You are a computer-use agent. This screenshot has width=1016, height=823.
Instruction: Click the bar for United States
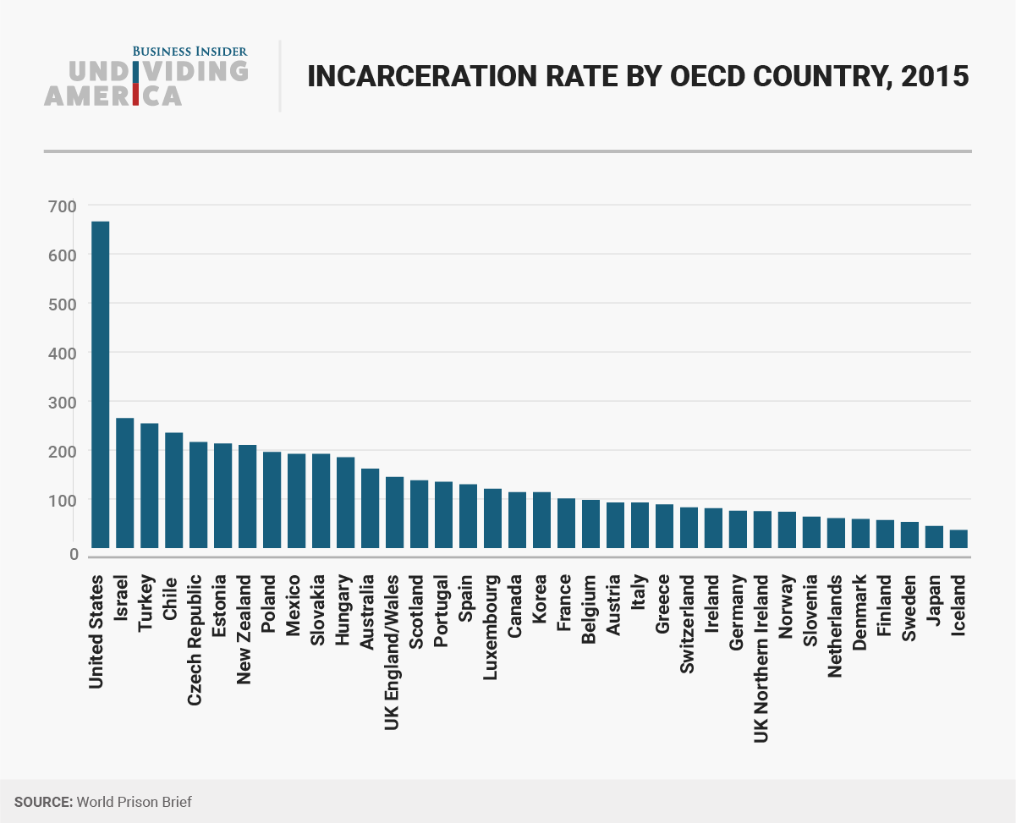pyautogui.click(x=100, y=385)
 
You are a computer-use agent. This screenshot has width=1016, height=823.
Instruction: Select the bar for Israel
pyautogui.click(x=124, y=483)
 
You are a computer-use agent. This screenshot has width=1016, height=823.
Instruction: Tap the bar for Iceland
pyautogui.click(x=958, y=539)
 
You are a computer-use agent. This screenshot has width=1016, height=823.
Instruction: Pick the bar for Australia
pyautogui.click(x=370, y=508)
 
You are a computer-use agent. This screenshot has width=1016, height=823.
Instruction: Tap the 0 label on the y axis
pyautogui.click(x=73, y=554)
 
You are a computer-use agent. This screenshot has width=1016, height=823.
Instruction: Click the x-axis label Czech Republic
pyautogui.click(x=195, y=639)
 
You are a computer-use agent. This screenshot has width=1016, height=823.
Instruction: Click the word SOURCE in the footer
pyautogui.click(x=42, y=801)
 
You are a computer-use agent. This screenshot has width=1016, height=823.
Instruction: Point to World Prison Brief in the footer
pyautogui.click(x=134, y=801)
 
